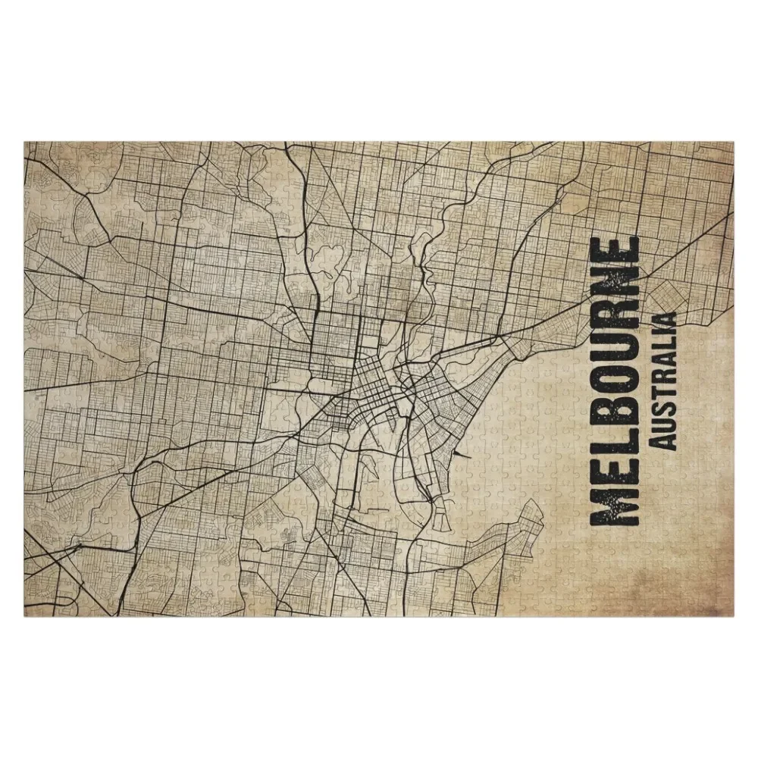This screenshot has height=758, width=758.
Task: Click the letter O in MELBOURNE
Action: tap(615, 384)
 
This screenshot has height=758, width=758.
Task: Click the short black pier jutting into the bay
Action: tap(452, 460)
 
